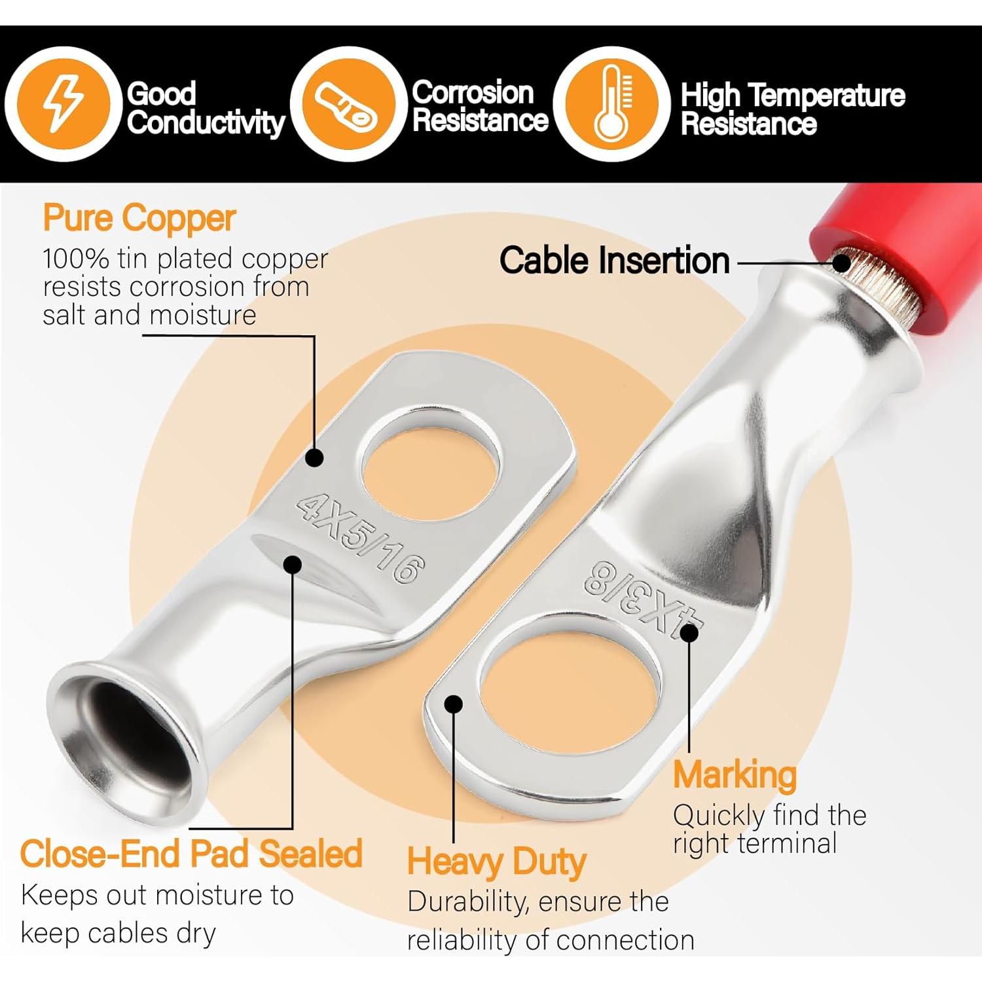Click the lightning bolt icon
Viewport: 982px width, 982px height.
(63, 103)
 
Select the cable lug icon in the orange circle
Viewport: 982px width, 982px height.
(344, 105)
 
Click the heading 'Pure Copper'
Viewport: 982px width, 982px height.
(139, 218)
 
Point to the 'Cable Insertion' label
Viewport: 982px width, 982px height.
(614, 261)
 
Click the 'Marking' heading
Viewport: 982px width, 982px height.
(735, 775)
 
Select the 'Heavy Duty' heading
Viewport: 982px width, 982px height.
(496, 861)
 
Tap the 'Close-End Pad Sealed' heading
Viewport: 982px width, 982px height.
(191, 854)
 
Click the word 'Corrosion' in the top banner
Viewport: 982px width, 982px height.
(473, 93)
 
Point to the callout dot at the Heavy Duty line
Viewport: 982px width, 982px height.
(453, 704)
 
